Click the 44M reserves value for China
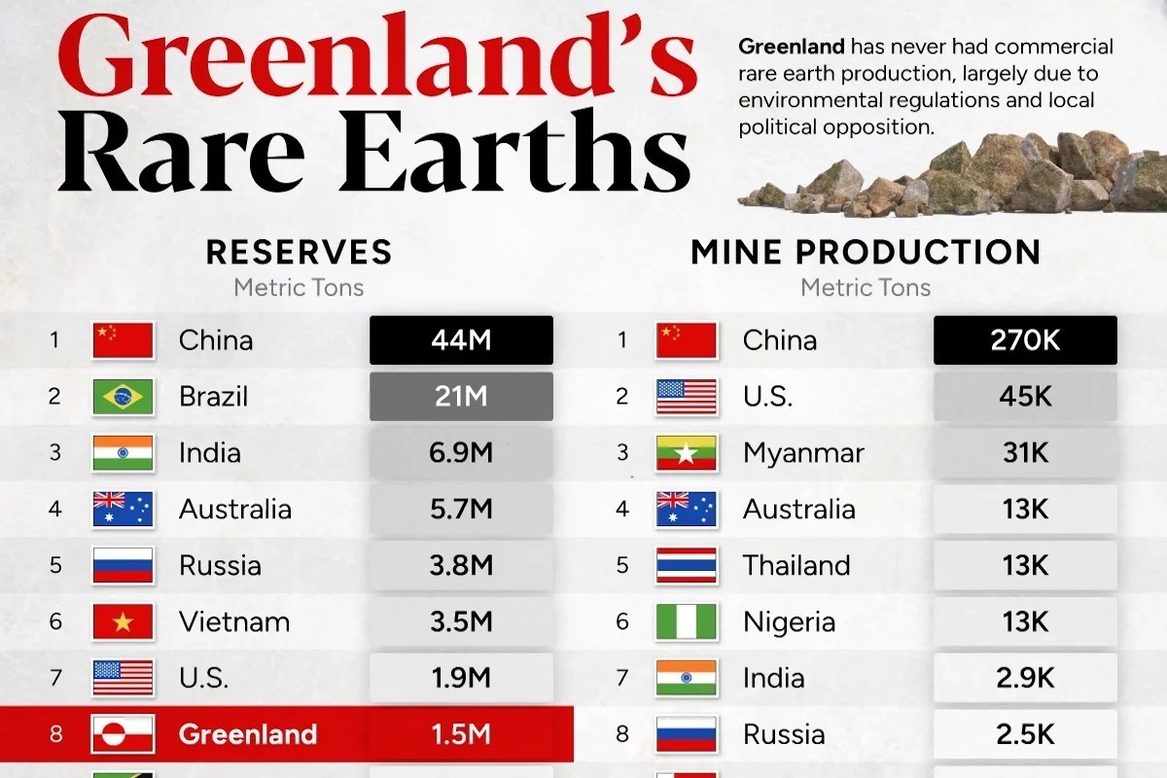(461, 340)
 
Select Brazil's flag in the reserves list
(123, 397)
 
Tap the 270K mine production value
(1025, 340)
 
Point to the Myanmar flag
(687, 453)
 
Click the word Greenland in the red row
(247, 734)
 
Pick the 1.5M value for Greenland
(461, 734)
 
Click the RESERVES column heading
(299, 252)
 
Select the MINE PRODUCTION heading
(866, 252)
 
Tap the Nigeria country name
(789, 621)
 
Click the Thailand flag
(687, 566)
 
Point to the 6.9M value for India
(461, 453)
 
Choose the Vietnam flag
(123, 621)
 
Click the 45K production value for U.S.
(1025, 397)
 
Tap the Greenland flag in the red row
(123, 734)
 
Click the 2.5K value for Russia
(1025, 734)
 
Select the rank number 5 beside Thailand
(622, 566)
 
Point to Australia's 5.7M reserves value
(461, 510)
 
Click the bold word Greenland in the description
(791, 47)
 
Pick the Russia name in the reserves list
(220, 566)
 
